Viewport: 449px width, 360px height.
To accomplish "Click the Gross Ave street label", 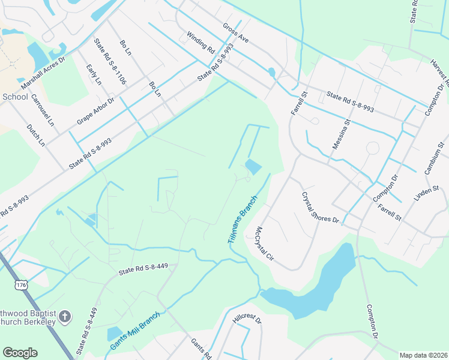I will coord(235,35).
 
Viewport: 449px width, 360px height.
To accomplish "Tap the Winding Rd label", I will coord(200,41).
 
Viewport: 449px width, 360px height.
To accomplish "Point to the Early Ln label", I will coord(94,74).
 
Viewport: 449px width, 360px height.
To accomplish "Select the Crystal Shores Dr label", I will coord(320,208).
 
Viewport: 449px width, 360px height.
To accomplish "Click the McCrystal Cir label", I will coord(264,244).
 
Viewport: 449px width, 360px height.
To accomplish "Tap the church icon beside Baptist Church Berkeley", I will coord(66,316).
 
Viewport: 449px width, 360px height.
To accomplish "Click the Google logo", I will coord(20,353).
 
